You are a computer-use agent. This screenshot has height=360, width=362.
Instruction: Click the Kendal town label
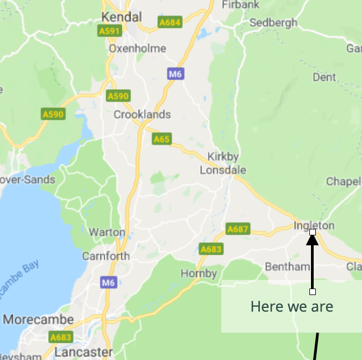[122, 17]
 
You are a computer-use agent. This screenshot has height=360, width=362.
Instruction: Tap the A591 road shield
[109, 32]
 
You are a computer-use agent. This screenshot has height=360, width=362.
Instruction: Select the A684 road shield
[170, 23]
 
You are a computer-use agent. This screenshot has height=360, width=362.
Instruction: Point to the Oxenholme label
[137, 48]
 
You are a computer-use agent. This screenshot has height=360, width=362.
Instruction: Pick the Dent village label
[324, 77]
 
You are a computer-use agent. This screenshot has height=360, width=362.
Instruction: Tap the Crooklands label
[142, 114]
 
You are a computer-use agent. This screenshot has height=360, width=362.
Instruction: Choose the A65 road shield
[162, 139]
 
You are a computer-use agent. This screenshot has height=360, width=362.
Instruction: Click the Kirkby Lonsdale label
[223, 163]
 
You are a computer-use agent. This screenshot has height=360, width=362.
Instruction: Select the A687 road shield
[238, 229]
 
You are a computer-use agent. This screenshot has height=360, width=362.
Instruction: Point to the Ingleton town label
[314, 225]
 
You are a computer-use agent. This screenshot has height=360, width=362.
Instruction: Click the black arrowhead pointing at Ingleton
[313, 239]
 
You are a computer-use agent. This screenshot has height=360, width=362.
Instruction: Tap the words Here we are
[292, 307]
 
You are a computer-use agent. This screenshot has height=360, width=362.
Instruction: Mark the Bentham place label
[287, 267]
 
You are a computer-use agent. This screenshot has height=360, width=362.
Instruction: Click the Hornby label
[199, 273]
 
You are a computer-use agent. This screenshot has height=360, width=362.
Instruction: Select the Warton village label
[107, 233]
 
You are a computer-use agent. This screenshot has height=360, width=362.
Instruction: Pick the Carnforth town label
[106, 256]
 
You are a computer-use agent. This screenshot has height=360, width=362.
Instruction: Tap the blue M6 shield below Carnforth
[108, 282]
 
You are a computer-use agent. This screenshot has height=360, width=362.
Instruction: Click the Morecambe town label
[38, 319]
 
